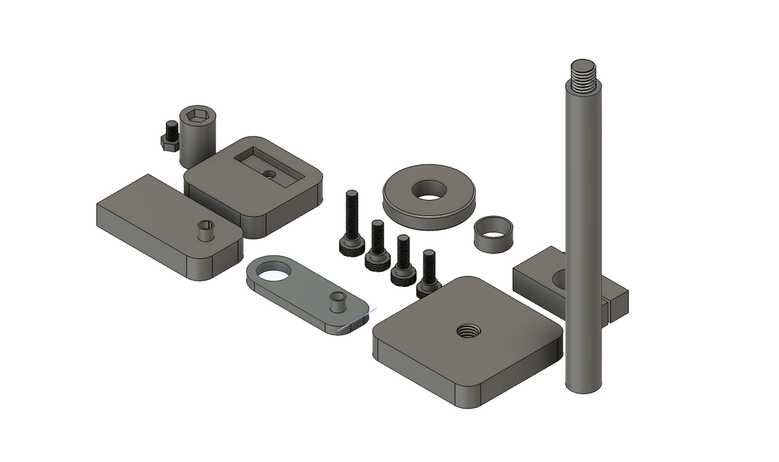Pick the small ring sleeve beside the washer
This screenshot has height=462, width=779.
(x=493, y=235)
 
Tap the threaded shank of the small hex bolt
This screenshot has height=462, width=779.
(x=171, y=129)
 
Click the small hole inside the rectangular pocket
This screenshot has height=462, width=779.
(x=268, y=174)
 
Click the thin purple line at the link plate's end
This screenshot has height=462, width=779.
(x=357, y=320)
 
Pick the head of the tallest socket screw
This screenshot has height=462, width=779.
(x=352, y=245)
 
